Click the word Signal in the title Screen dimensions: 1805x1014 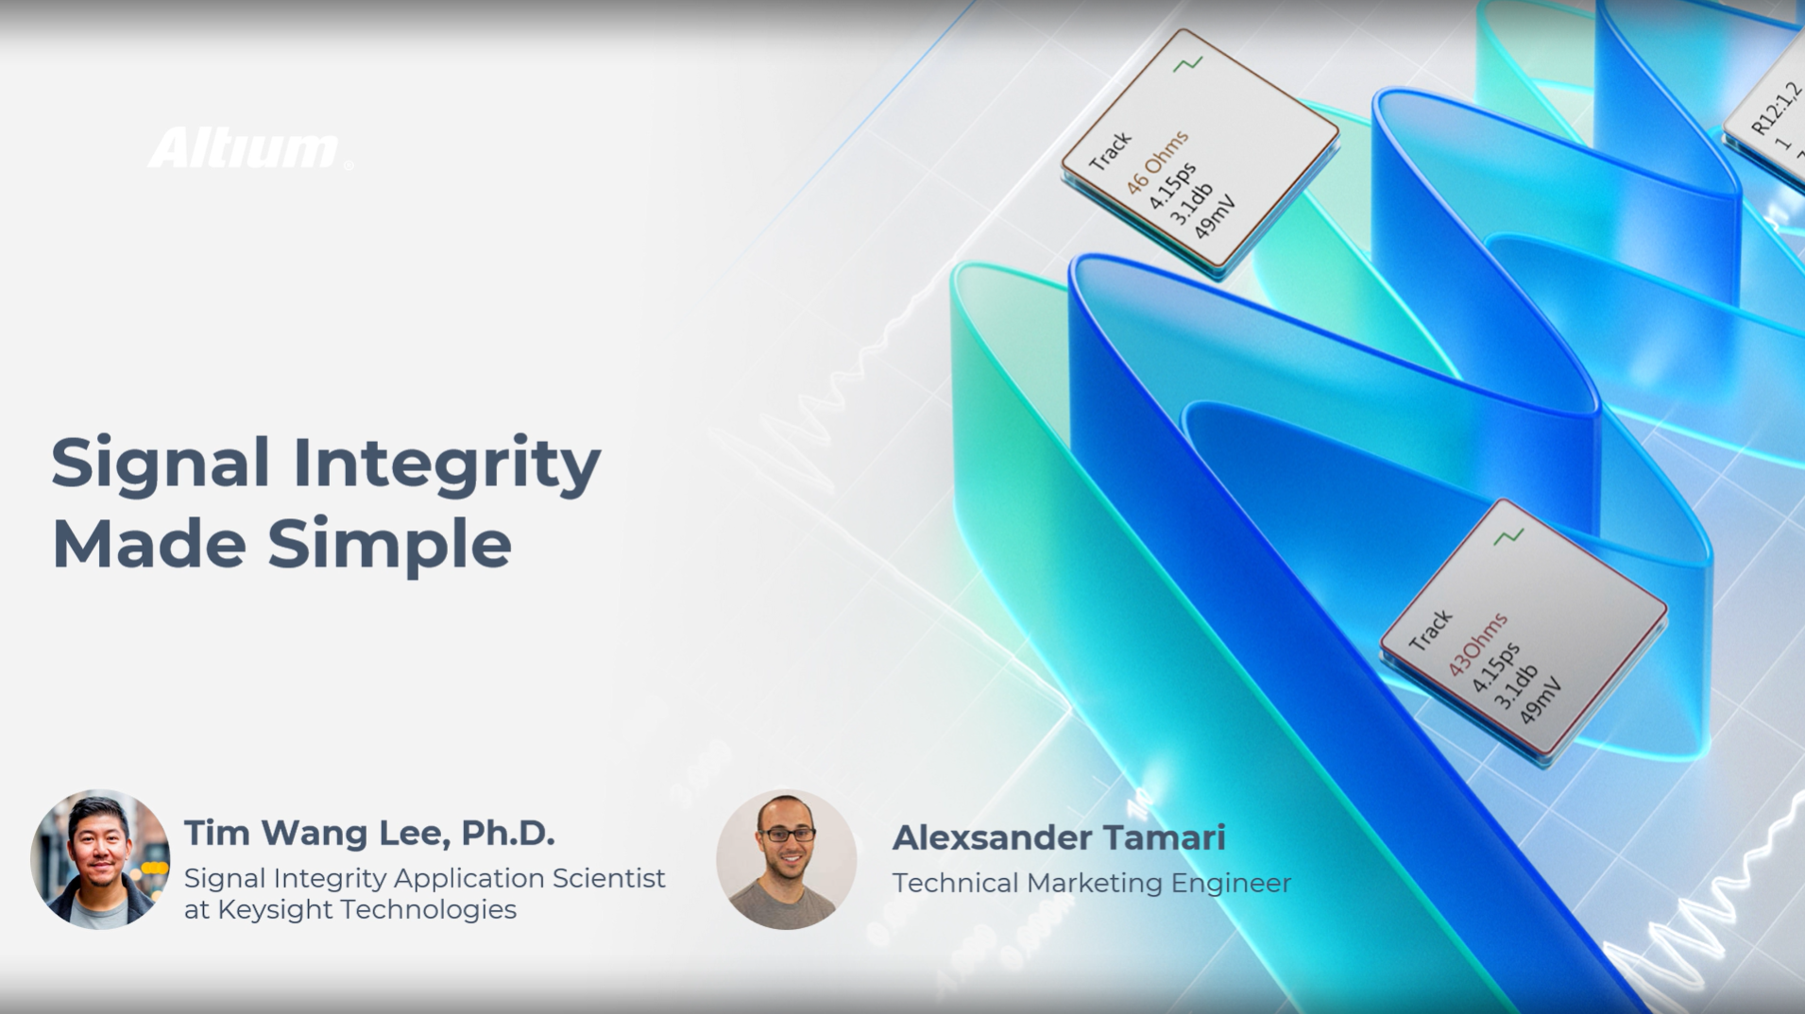point(161,463)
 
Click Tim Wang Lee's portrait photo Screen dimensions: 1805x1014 point(100,859)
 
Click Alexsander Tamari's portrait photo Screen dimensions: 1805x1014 point(786,859)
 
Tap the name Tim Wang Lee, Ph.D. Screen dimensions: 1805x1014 point(369,834)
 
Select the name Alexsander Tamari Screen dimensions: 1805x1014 point(1059,837)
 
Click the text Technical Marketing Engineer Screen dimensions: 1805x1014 point(1091,884)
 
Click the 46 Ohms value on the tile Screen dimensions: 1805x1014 point(1157,162)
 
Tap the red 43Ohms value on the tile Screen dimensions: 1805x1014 point(1478,644)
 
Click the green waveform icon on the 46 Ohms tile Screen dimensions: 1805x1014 point(1188,64)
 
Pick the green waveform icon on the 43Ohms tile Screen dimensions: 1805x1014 point(1508,537)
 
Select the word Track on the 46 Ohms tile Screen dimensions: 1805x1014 point(1110,151)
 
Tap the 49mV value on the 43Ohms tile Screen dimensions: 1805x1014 point(1541,701)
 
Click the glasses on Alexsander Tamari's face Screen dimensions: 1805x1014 point(787,835)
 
